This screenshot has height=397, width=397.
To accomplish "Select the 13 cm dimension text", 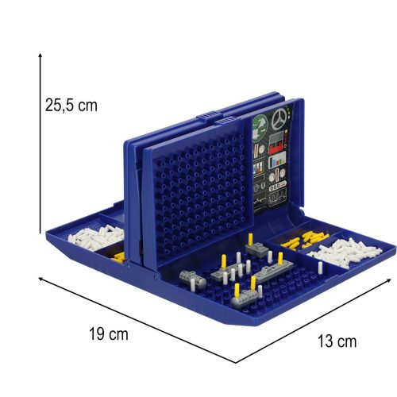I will pos(336,341).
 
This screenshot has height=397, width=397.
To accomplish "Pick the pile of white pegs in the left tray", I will pos(98,237).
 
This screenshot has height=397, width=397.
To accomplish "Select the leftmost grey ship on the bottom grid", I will pos(191,279).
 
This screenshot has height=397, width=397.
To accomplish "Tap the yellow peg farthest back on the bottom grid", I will pos(252,241).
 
